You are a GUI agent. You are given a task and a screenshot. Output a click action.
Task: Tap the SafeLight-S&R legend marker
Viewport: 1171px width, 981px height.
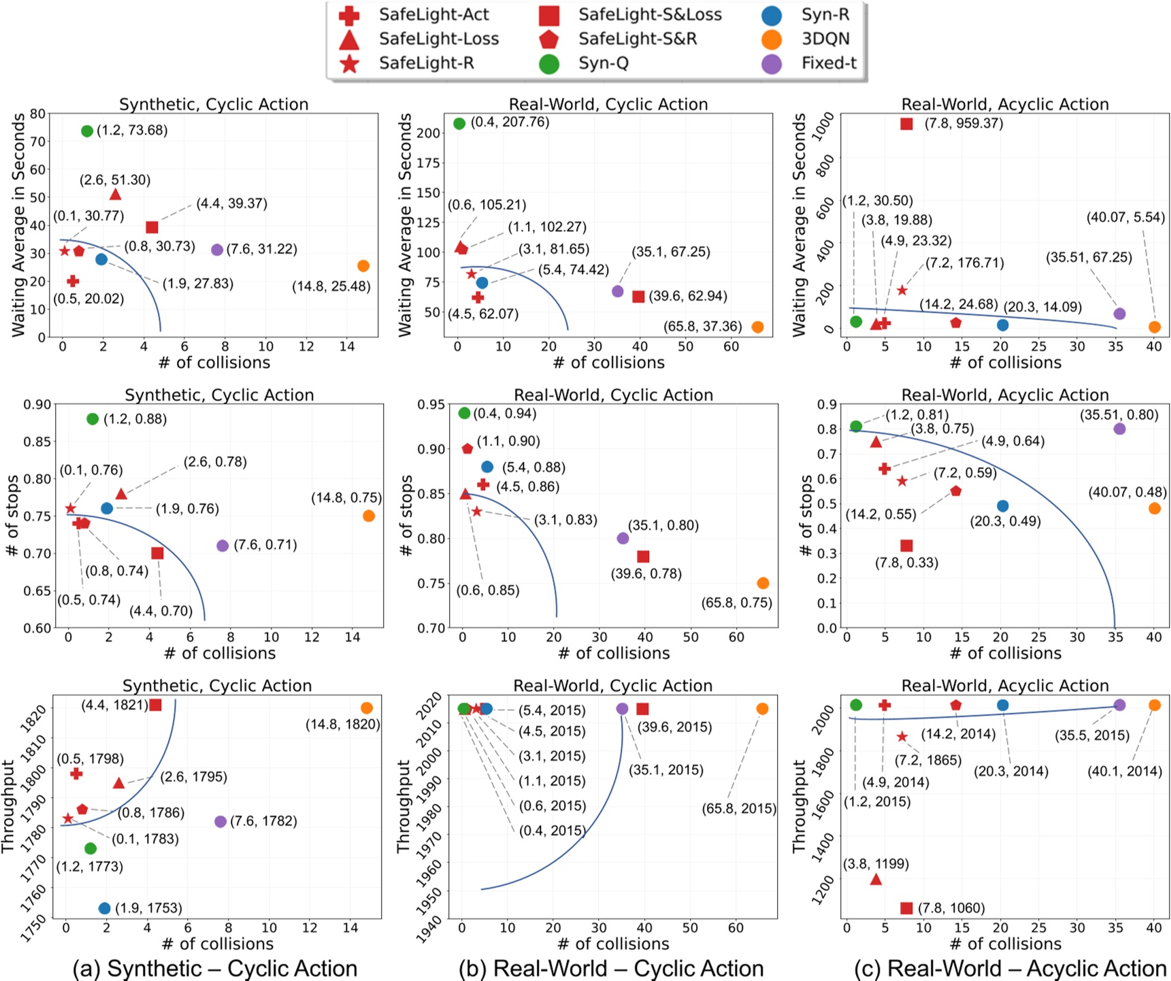pos(548,39)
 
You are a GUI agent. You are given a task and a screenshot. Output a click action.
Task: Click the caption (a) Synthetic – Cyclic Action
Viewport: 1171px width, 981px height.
pos(216,967)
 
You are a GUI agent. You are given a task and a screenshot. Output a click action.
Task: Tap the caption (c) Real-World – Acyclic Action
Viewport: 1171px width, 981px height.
pos(1027,967)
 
